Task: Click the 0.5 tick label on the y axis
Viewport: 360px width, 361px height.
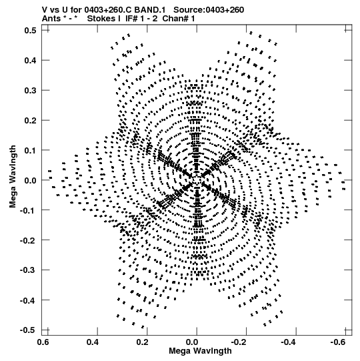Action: pyautogui.click(x=31, y=30)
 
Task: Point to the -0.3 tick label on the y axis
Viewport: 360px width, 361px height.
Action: pyautogui.click(x=28, y=270)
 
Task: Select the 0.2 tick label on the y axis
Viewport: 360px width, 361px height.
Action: pyautogui.click(x=31, y=120)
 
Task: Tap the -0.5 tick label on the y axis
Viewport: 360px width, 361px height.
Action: pyautogui.click(x=28, y=330)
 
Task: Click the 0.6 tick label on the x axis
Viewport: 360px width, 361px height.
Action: pyautogui.click(x=43, y=342)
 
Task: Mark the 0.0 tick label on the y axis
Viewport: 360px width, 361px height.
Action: pyautogui.click(x=31, y=180)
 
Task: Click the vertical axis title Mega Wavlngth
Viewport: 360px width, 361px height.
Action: pyautogui.click(x=13, y=177)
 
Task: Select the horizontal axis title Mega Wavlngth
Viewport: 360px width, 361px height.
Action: pyautogui.click(x=200, y=351)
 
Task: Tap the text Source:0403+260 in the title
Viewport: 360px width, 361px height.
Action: pyautogui.click(x=209, y=10)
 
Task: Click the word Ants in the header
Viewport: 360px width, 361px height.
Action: pyautogui.click(x=51, y=18)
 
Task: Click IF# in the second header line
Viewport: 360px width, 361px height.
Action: pyautogui.click(x=131, y=18)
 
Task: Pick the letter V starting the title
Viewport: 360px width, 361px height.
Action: pyautogui.click(x=45, y=10)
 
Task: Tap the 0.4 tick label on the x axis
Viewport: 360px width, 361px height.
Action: pyautogui.click(x=93, y=342)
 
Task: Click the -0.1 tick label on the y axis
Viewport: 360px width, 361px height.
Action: pyautogui.click(x=28, y=210)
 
